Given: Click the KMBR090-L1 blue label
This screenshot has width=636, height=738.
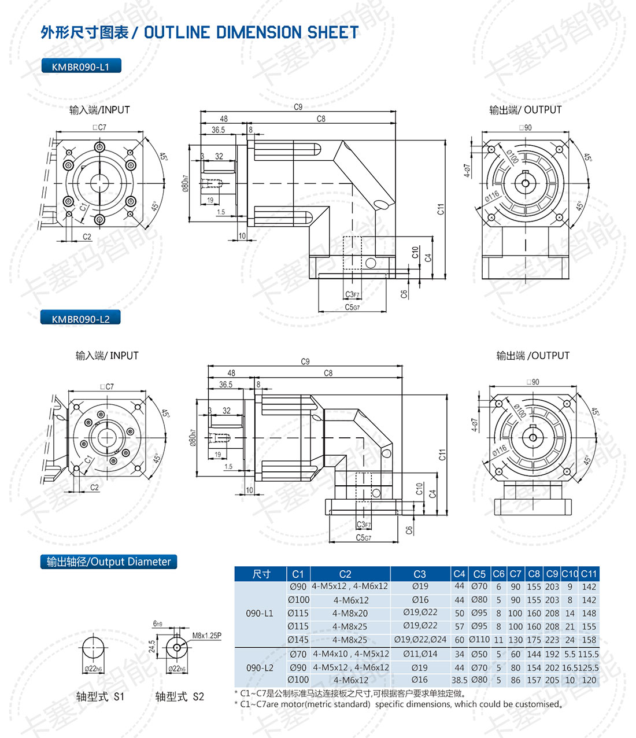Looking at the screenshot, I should click(x=80, y=67).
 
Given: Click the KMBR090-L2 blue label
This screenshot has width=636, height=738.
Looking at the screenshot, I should click(x=80, y=319).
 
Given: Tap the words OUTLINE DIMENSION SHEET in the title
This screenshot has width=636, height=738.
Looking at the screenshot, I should click(x=251, y=33).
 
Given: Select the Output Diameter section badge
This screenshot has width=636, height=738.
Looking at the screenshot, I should click(x=109, y=562).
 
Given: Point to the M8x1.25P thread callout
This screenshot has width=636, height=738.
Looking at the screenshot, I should click(x=206, y=636).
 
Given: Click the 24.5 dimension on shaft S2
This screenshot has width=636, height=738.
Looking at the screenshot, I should click(x=152, y=646).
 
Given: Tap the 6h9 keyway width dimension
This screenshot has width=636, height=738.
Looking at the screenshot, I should click(x=158, y=624).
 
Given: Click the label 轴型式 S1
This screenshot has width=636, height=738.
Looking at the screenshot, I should click(x=100, y=696).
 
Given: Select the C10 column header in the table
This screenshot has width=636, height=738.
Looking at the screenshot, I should click(x=570, y=574).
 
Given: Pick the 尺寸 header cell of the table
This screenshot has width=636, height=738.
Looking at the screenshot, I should click(x=261, y=574).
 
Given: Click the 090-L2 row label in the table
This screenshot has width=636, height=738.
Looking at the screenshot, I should click(x=260, y=667).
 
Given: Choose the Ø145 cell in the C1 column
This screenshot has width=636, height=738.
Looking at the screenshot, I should click(x=298, y=640).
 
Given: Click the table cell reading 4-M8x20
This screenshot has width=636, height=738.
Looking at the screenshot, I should click(x=350, y=613).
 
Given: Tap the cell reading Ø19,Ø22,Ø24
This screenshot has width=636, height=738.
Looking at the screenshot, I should click(x=420, y=640).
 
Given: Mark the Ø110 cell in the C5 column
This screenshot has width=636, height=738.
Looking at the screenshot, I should click(x=479, y=640).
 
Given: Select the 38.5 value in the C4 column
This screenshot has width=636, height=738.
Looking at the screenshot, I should click(x=459, y=680).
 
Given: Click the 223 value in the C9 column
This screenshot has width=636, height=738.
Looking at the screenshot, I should click(x=552, y=640).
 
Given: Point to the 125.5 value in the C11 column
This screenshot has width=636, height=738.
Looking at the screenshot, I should click(x=589, y=667).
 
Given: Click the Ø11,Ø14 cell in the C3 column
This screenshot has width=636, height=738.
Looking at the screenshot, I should click(x=420, y=654).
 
